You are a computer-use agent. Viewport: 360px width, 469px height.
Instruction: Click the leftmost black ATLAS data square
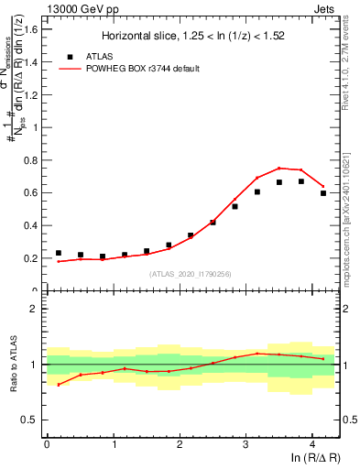pos(59,253)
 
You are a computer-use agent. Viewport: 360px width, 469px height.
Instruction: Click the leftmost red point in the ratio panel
pos(59,385)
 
